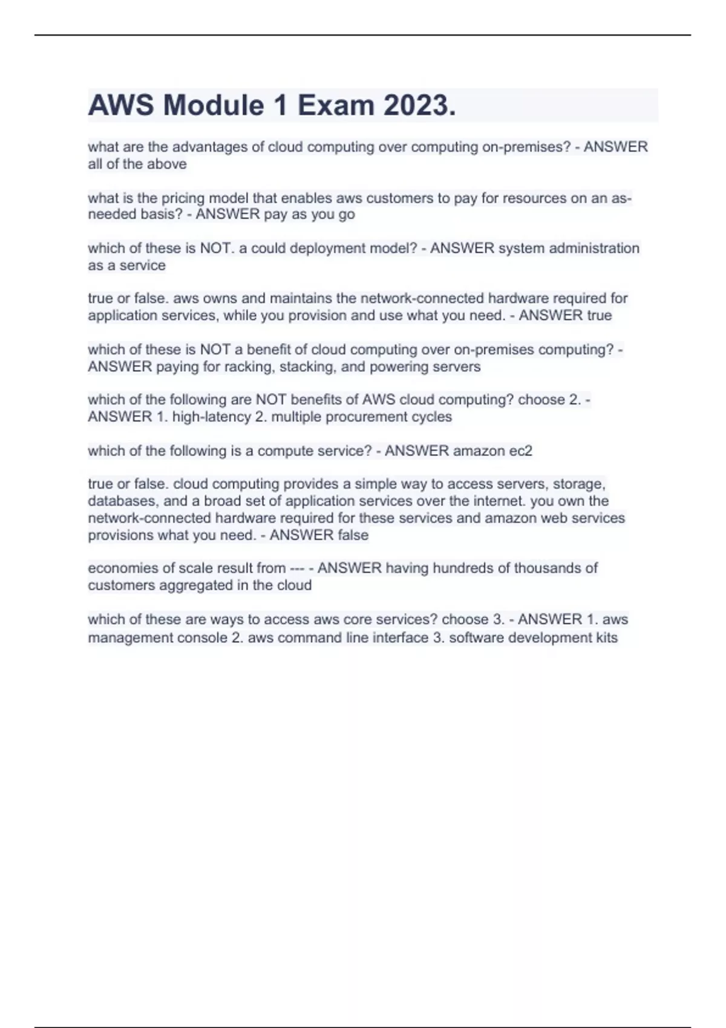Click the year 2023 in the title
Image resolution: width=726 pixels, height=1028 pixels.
pos(419,106)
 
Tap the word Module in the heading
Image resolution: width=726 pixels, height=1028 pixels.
pos(214,106)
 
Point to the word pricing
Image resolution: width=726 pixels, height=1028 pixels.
pos(183,198)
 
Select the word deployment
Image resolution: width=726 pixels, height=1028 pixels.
pos(324,249)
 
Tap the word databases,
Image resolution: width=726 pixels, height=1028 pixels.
pos(123,501)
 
